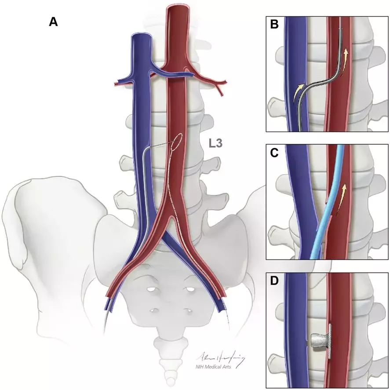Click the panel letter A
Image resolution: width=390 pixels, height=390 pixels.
point(53,22)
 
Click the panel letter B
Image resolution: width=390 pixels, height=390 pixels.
point(275,25)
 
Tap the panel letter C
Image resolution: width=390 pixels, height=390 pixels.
point(275,153)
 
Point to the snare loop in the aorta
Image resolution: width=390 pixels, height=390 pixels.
point(177,141)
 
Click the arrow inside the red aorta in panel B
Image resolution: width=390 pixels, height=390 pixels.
point(346,57)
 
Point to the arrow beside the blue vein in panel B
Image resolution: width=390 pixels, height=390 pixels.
point(299,91)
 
